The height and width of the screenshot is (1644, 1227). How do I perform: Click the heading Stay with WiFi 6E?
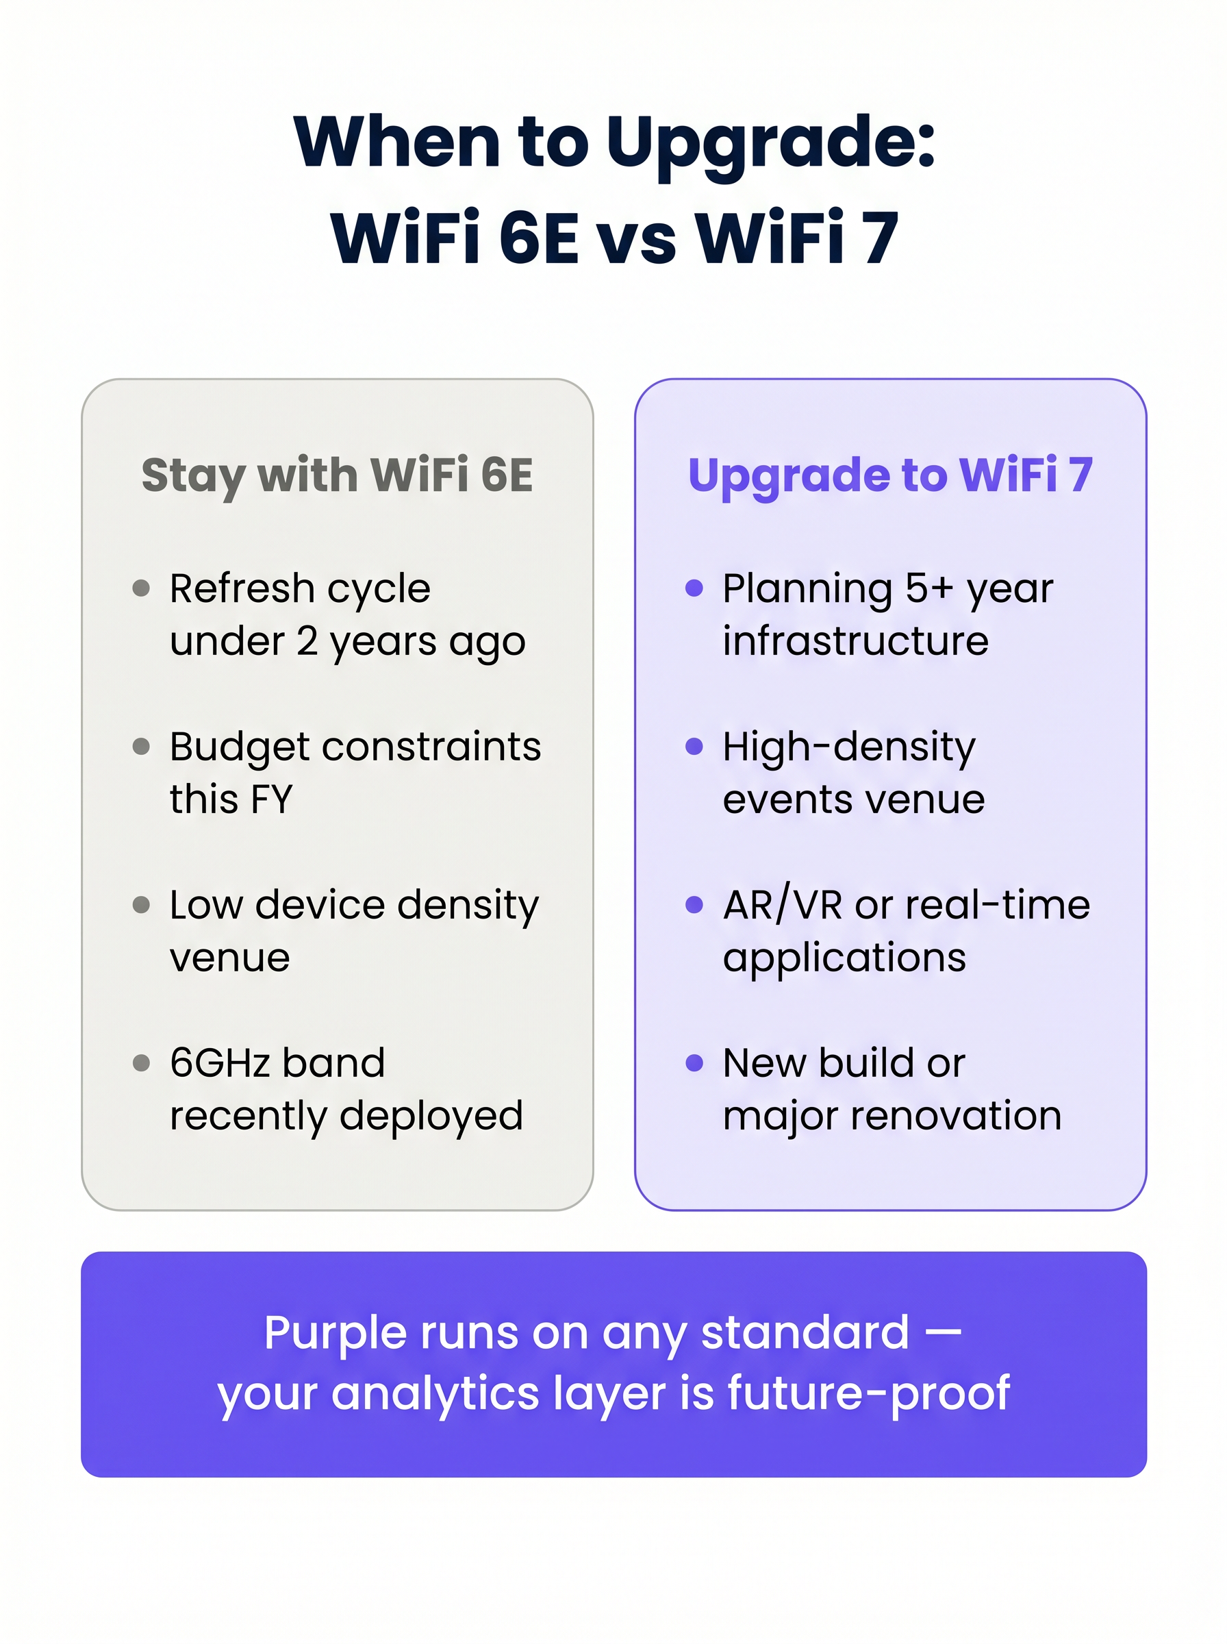(x=336, y=475)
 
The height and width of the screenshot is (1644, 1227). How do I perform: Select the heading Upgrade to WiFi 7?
(x=890, y=475)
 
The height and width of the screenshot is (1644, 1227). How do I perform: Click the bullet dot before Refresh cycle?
(x=141, y=589)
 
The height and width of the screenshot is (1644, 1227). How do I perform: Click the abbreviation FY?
(x=271, y=799)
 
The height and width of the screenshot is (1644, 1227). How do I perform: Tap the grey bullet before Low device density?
(x=141, y=905)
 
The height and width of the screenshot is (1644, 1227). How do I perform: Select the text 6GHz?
(x=219, y=1063)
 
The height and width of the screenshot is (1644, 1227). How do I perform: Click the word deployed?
(x=431, y=1116)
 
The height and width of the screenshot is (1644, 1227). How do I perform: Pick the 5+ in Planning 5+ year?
(x=928, y=589)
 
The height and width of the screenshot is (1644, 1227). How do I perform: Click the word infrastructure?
(x=855, y=641)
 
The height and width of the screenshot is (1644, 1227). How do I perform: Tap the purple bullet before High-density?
(x=694, y=747)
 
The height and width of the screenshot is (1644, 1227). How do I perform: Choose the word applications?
(x=844, y=958)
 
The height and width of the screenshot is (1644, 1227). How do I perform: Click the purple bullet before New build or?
(x=694, y=1063)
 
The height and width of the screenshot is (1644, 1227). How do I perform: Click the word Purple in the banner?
(x=336, y=1333)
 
